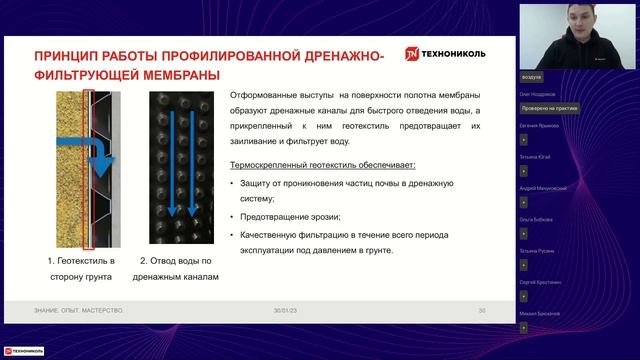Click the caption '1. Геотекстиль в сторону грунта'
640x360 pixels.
pyautogui.click(x=81, y=268)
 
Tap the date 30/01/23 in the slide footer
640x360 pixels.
pyautogui.click(x=286, y=311)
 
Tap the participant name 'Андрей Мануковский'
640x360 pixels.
pyautogui.click(x=546, y=188)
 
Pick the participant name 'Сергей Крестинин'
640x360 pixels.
pyautogui.click(x=544, y=282)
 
